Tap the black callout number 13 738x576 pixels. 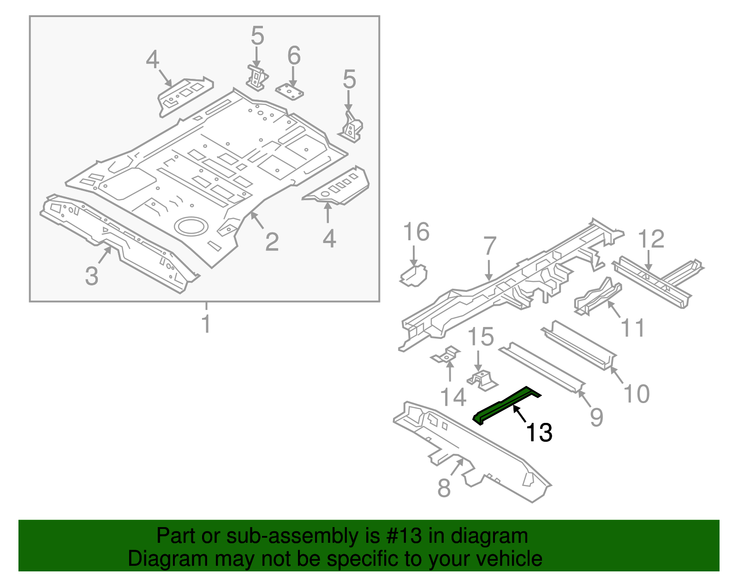click(539, 433)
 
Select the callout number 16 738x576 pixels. click(416, 232)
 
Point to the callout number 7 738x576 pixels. click(490, 247)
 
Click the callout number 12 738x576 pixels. click(651, 239)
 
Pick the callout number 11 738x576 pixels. click(632, 328)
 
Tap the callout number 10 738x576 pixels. click(636, 394)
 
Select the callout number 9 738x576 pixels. click(596, 417)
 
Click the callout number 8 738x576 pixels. click(444, 488)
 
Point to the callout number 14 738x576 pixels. click(453, 397)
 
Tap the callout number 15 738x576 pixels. click(481, 337)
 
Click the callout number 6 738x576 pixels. click(294, 56)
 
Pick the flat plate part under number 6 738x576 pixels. click(290, 92)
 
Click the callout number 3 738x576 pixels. click(92, 276)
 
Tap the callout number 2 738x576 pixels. click(272, 242)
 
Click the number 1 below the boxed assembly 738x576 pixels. click(206, 324)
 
